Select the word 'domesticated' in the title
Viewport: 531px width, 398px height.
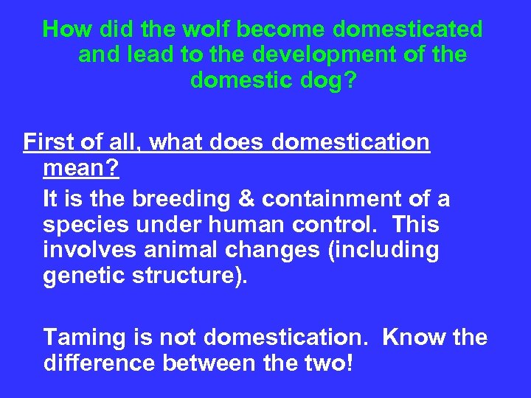[x=407, y=29]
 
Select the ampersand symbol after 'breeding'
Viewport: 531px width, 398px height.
[x=246, y=199]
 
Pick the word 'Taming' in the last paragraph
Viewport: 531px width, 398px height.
[x=85, y=338]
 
